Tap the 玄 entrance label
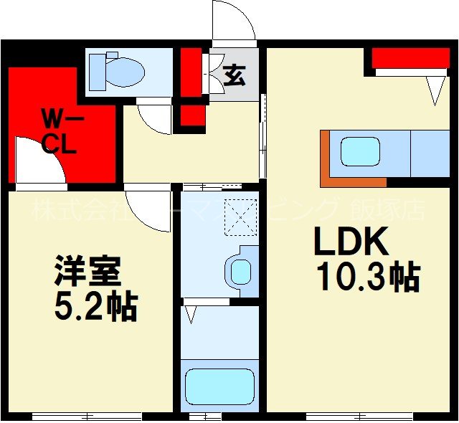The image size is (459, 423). point(233,74)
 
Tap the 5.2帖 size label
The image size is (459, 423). point(95,308)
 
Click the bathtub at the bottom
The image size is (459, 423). point(219,387)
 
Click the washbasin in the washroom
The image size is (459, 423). point(241,271)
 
